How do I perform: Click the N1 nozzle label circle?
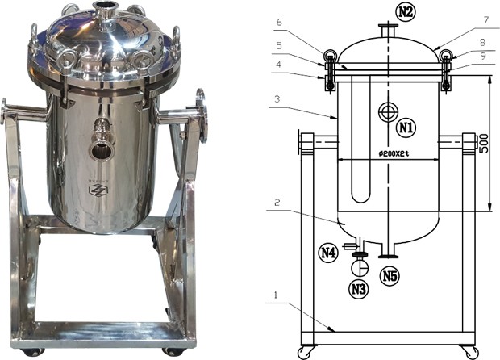(406, 128)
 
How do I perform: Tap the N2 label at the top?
(405, 11)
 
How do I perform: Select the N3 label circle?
(358, 289)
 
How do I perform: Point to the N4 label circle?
(328, 253)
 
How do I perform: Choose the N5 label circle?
(390, 276)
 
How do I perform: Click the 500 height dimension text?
(483, 144)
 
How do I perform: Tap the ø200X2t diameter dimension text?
(394, 154)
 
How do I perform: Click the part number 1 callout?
(276, 295)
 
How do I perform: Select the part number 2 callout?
(277, 203)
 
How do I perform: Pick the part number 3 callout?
(277, 99)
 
